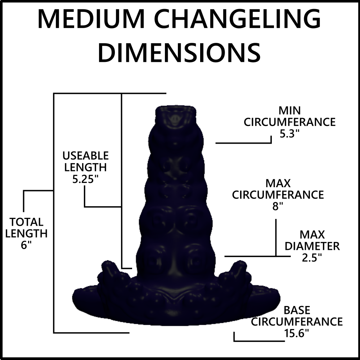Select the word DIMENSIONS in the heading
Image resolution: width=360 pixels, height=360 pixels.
pos(179,52)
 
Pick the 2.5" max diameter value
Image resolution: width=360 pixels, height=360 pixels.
pos(312,258)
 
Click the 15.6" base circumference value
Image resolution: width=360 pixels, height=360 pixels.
pos(297,333)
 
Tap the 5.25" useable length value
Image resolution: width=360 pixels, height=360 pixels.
pos(85,179)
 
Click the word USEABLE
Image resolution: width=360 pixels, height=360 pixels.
pos(85,156)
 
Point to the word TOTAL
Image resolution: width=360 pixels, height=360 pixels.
pos(26,222)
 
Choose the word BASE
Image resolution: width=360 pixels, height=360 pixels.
pos(297,310)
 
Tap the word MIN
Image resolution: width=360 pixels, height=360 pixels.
pos(290,110)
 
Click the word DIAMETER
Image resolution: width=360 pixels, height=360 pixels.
pos(312,246)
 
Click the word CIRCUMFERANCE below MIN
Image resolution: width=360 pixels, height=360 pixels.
pos(290,122)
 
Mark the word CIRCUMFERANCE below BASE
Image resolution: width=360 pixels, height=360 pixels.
pos(297,321)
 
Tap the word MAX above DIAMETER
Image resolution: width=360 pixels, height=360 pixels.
pos(312,235)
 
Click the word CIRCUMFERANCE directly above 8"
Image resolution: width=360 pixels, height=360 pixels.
pos(278,195)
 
